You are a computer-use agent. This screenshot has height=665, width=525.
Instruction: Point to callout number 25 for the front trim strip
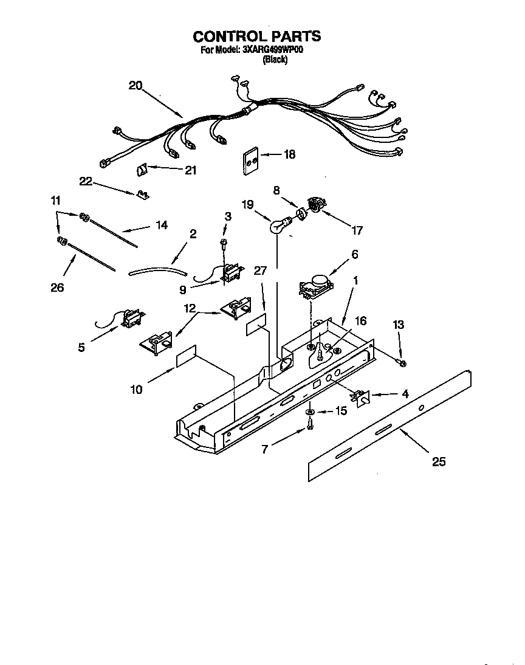438,461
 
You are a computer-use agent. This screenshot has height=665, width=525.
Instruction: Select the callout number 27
260,270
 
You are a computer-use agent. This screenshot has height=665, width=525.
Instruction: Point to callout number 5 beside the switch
81,348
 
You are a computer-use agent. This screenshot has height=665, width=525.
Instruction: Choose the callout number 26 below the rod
57,288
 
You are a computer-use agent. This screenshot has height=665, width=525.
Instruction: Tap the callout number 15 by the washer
341,412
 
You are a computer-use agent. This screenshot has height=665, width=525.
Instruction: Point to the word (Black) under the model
275,60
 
